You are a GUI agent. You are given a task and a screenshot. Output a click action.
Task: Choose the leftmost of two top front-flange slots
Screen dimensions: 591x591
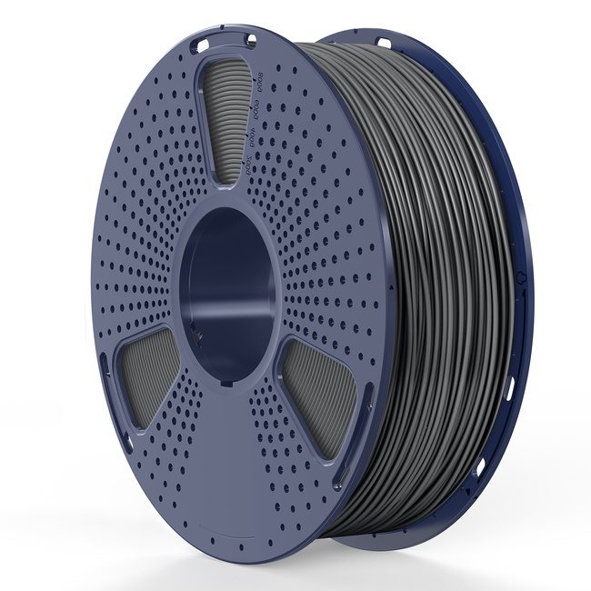[205, 41]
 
